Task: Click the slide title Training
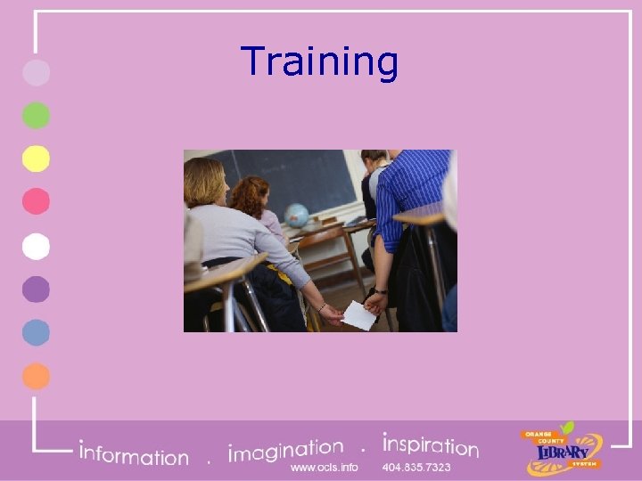pyautogui.click(x=319, y=61)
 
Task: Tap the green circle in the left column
pyautogui.click(x=36, y=116)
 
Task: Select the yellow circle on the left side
pyautogui.click(x=36, y=159)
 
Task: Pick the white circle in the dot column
pyautogui.click(x=36, y=246)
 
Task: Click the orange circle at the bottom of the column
pyautogui.click(x=36, y=376)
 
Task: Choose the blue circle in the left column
pyautogui.click(x=36, y=332)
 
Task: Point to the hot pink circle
pyautogui.click(x=36, y=202)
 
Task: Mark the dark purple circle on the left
pyautogui.click(x=36, y=289)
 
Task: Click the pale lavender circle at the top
pyautogui.click(x=36, y=72)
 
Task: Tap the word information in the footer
pyautogui.click(x=134, y=454)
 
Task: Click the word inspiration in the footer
pyautogui.click(x=430, y=444)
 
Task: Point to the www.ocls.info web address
pyautogui.click(x=324, y=467)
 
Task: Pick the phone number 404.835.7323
pyautogui.click(x=416, y=467)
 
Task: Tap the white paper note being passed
pyautogui.click(x=358, y=314)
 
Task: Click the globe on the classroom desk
pyautogui.click(x=296, y=216)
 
